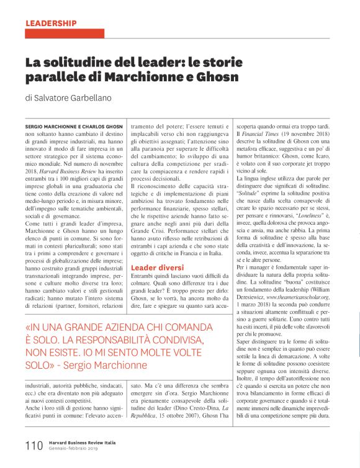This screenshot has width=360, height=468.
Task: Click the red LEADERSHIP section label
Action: tap(51, 24)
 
